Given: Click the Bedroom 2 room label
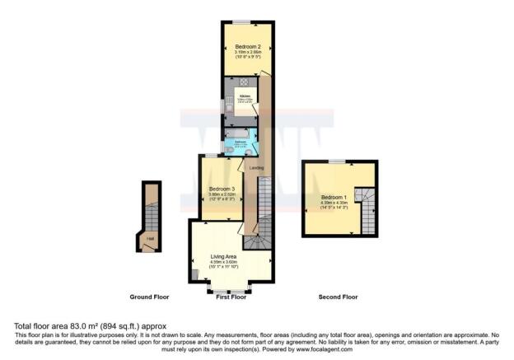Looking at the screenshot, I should point(248,46).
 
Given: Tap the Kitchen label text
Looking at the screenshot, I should point(245,96).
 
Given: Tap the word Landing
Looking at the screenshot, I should point(257,168).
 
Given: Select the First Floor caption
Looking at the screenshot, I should point(231,297).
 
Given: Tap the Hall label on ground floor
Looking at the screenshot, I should point(150,240).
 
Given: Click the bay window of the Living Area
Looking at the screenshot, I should point(230,291).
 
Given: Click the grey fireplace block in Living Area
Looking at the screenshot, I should point(194,274).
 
